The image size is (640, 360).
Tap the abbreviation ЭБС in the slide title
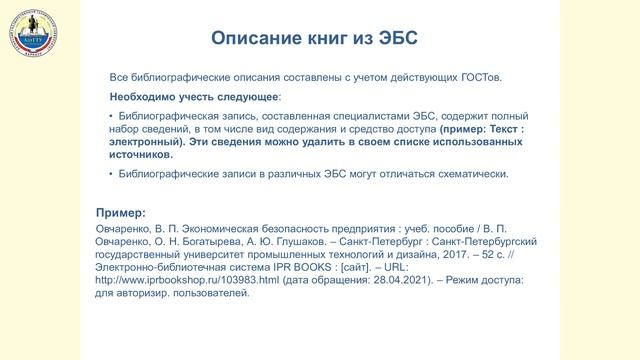[x=395, y=38]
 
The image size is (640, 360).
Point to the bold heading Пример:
[x=119, y=213]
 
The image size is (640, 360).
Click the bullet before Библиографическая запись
[x=111, y=117]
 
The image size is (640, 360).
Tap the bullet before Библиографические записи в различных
[x=111, y=174]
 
